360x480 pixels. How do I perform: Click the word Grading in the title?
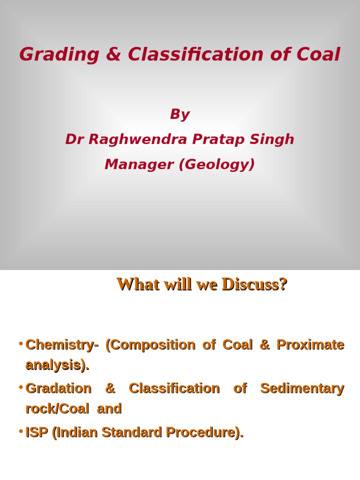click(59, 55)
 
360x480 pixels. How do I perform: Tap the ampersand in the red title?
click(113, 55)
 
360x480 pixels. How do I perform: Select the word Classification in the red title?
click(195, 55)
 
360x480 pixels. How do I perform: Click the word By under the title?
click(180, 114)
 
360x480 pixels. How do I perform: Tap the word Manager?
click(139, 165)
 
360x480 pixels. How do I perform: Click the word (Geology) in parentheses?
click(217, 165)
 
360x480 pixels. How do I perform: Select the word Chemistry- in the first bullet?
click(62, 345)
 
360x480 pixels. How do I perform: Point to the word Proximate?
click(310, 345)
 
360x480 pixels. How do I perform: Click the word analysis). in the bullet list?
click(57, 366)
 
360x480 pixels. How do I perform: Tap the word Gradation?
click(58, 389)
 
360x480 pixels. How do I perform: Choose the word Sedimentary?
click(302, 389)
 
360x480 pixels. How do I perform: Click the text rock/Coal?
click(57, 409)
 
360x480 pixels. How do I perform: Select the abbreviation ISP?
click(37, 433)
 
